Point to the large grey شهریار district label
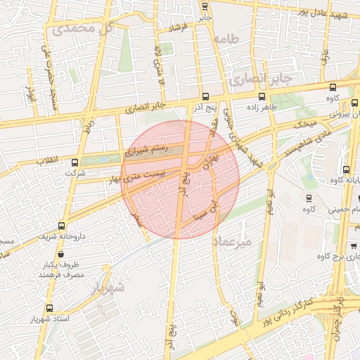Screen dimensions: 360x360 (x=108, y=287)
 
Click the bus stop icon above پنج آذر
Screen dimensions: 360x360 (x=205, y=96)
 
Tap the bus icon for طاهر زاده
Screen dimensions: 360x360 (x=262, y=96)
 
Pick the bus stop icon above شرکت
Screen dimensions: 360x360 (x=74, y=160)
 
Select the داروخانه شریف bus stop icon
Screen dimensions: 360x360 (x=62, y=226)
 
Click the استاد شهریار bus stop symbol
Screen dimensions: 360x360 (x=49, y=308)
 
